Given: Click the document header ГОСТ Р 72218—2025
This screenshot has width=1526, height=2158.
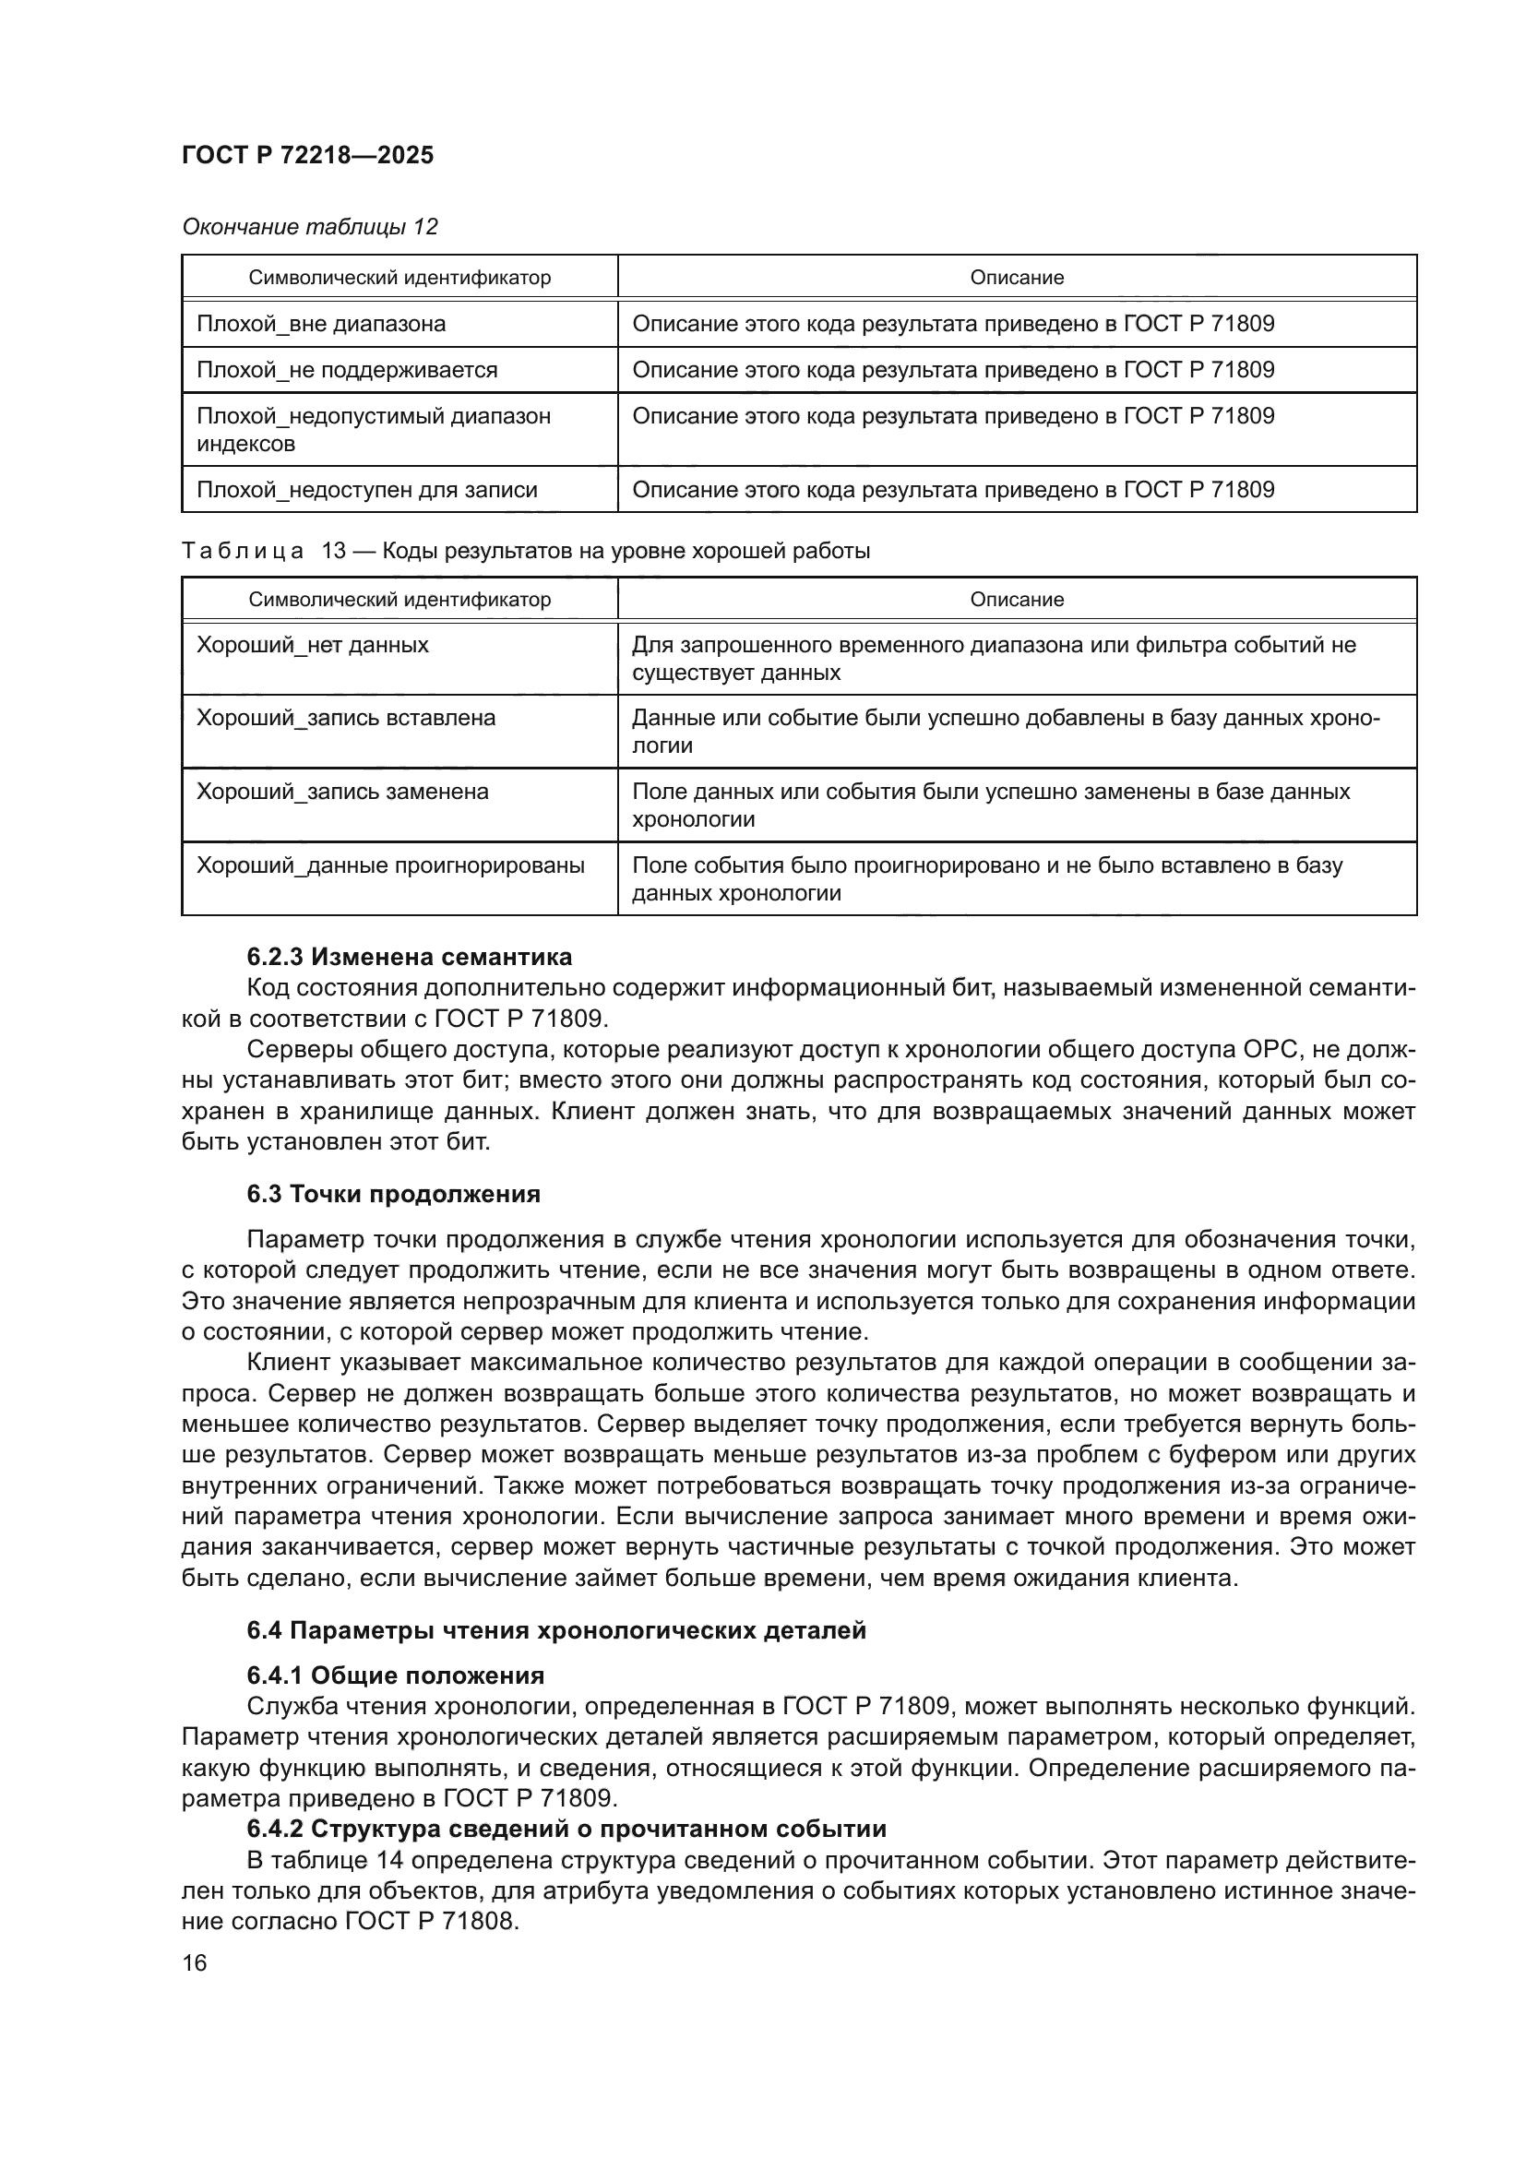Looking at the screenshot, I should (x=307, y=156).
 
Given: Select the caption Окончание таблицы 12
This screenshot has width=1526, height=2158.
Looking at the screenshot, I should (x=309, y=227).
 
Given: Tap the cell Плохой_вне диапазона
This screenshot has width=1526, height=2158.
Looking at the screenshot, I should (x=320, y=324).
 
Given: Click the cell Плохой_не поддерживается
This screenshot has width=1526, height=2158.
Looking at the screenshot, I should (x=347, y=370).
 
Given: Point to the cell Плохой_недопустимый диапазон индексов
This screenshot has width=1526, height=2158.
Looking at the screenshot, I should (x=373, y=430).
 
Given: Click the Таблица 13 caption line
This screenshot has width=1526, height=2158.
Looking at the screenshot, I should (x=525, y=551).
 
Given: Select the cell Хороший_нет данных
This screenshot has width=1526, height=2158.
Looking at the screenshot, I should (x=312, y=646).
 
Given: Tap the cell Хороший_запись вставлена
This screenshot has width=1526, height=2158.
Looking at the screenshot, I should (x=345, y=718).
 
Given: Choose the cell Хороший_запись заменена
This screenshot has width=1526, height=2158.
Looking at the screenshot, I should (x=342, y=792).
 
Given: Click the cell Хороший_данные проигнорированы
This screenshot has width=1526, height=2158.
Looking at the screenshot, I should (x=390, y=864).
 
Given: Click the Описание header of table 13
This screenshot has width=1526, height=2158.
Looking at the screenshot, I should (x=1017, y=600).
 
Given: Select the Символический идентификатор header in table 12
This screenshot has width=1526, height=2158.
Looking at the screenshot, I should (x=399, y=279).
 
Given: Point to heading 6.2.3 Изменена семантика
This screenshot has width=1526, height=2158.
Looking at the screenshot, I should (x=409, y=957).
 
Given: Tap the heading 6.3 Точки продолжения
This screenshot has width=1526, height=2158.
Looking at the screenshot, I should (x=393, y=1195).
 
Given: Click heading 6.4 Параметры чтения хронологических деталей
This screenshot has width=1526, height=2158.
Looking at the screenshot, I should (x=556, y=1630).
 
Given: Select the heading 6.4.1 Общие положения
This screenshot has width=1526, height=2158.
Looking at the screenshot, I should (x=396, y=1675).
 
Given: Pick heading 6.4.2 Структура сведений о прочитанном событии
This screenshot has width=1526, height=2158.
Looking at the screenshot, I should (x=566, y=1829).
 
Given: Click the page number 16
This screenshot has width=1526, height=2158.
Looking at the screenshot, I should (x=195, y=1963).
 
